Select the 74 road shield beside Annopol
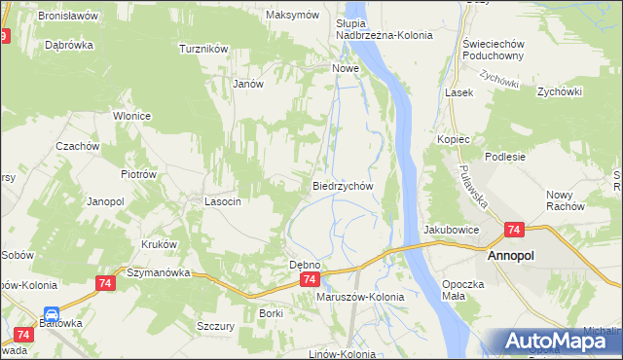point(515,231)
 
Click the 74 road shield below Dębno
point(308,279)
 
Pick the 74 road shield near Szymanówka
point(106,282)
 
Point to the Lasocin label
point(222,201)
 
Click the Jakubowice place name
point(451,230)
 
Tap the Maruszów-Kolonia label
point(359,296)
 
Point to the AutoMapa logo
point(558,342)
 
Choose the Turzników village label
point(203,48)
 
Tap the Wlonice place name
point(131,116)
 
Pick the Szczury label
point(215,327)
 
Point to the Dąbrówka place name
point(69,45)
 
